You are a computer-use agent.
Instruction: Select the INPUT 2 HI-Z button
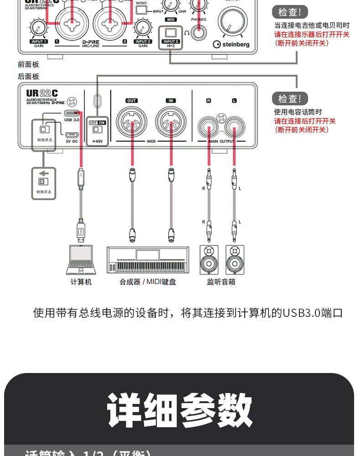click(170, 33)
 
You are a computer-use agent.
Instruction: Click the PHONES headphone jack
click(199, 32)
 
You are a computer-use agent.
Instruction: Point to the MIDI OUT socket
click(132, 122)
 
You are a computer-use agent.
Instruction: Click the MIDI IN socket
click(171, 122)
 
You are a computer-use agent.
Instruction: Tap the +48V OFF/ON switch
click(97, 129)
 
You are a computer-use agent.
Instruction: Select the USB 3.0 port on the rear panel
click(72, 113)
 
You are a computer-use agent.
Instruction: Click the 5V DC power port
click(71, 135)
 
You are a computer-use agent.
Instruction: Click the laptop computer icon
click(81, 260)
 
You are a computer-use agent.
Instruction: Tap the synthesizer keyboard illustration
click(148, 260)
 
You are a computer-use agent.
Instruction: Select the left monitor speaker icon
click(209, 260)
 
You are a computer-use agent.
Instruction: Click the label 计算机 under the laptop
click(81, 282)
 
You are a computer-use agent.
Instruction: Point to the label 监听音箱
click(221, 282)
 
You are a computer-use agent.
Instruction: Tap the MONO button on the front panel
click(142, 9)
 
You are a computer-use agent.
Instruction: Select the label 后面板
click(28, 77)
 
